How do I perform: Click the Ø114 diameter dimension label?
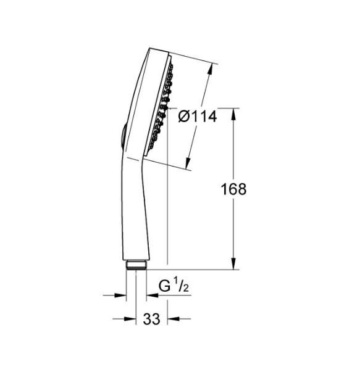click(x=196, y=115)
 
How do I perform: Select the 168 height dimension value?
click(x=233, y=189)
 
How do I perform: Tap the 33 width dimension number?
click(x=151, y=319)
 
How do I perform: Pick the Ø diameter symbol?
click(x=183, y=115)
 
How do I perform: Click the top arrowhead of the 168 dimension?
click(x=234, y=112)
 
